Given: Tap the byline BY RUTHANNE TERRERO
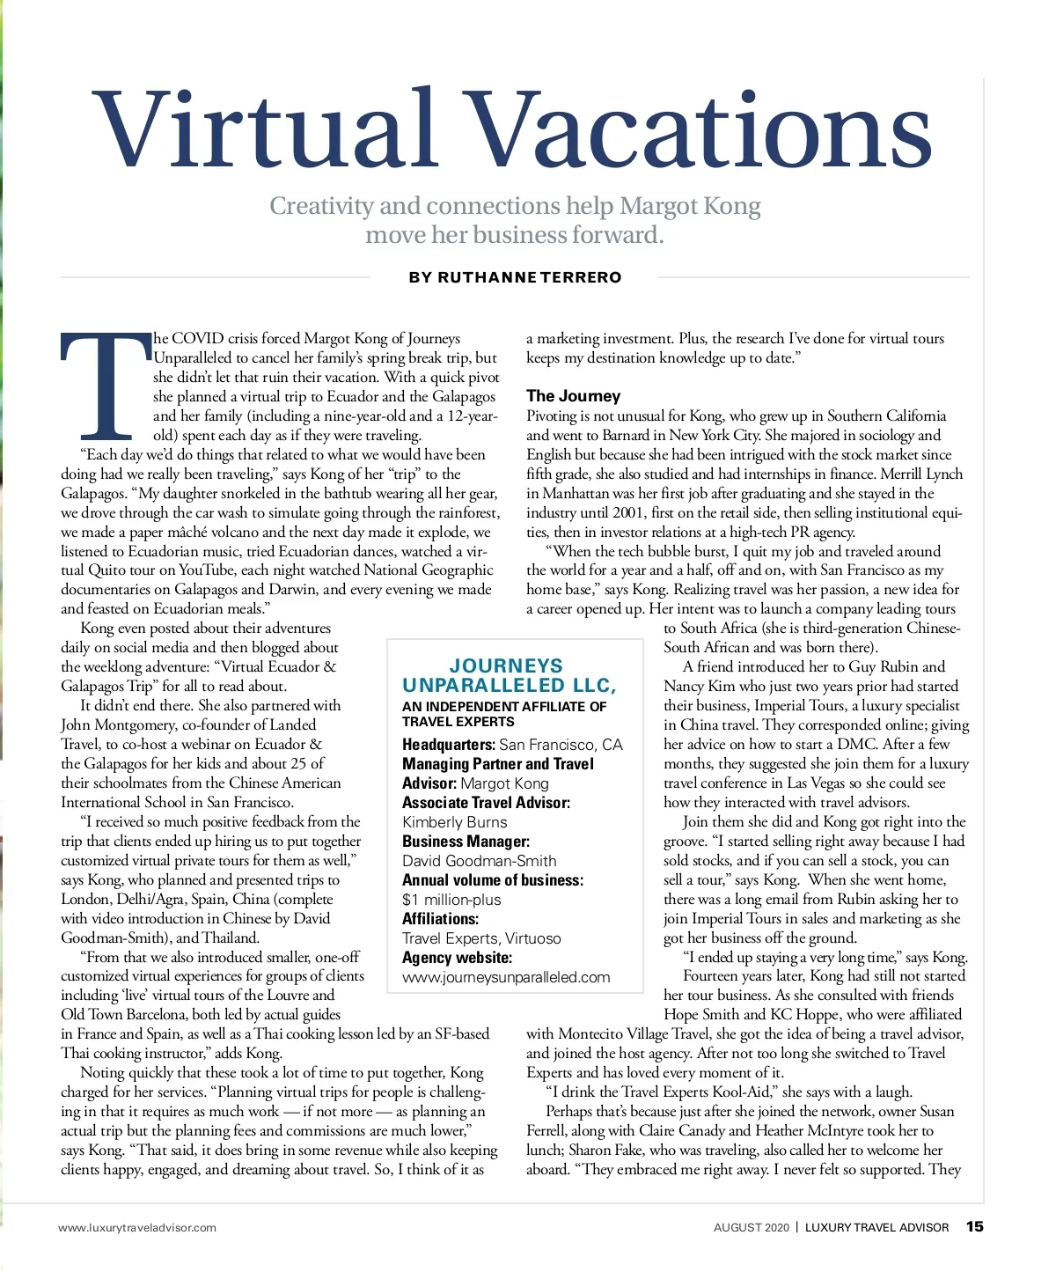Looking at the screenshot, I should [515, 277].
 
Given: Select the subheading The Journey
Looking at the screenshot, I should [573, 396].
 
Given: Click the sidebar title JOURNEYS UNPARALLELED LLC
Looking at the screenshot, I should [509, 675].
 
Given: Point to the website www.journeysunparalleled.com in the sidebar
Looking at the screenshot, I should [506, 977].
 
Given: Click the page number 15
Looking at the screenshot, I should [974, 1226].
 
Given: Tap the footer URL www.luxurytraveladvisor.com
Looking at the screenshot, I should [137, 1227].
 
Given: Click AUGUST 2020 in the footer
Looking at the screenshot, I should [751, 1227].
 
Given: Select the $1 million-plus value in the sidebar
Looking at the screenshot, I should [451, 900].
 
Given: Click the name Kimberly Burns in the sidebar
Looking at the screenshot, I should [454, 822].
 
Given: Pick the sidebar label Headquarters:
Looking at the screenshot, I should [449, 745].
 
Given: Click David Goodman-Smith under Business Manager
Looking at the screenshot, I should [479, 861].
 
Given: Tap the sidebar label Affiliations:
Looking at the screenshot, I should [440, 919].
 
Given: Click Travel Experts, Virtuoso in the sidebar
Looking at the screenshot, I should [481, 938].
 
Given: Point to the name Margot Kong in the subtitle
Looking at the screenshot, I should [690, 206].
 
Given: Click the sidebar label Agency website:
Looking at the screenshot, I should [457, 958].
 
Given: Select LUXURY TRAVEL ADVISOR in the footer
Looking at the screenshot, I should [876, 1227].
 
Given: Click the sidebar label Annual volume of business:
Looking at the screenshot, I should [492, 880].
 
